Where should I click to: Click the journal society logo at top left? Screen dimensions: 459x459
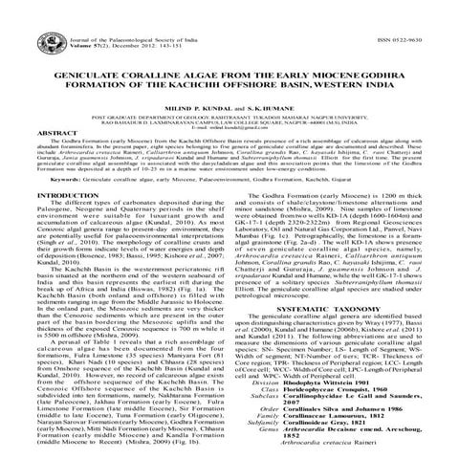pos(17,17)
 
